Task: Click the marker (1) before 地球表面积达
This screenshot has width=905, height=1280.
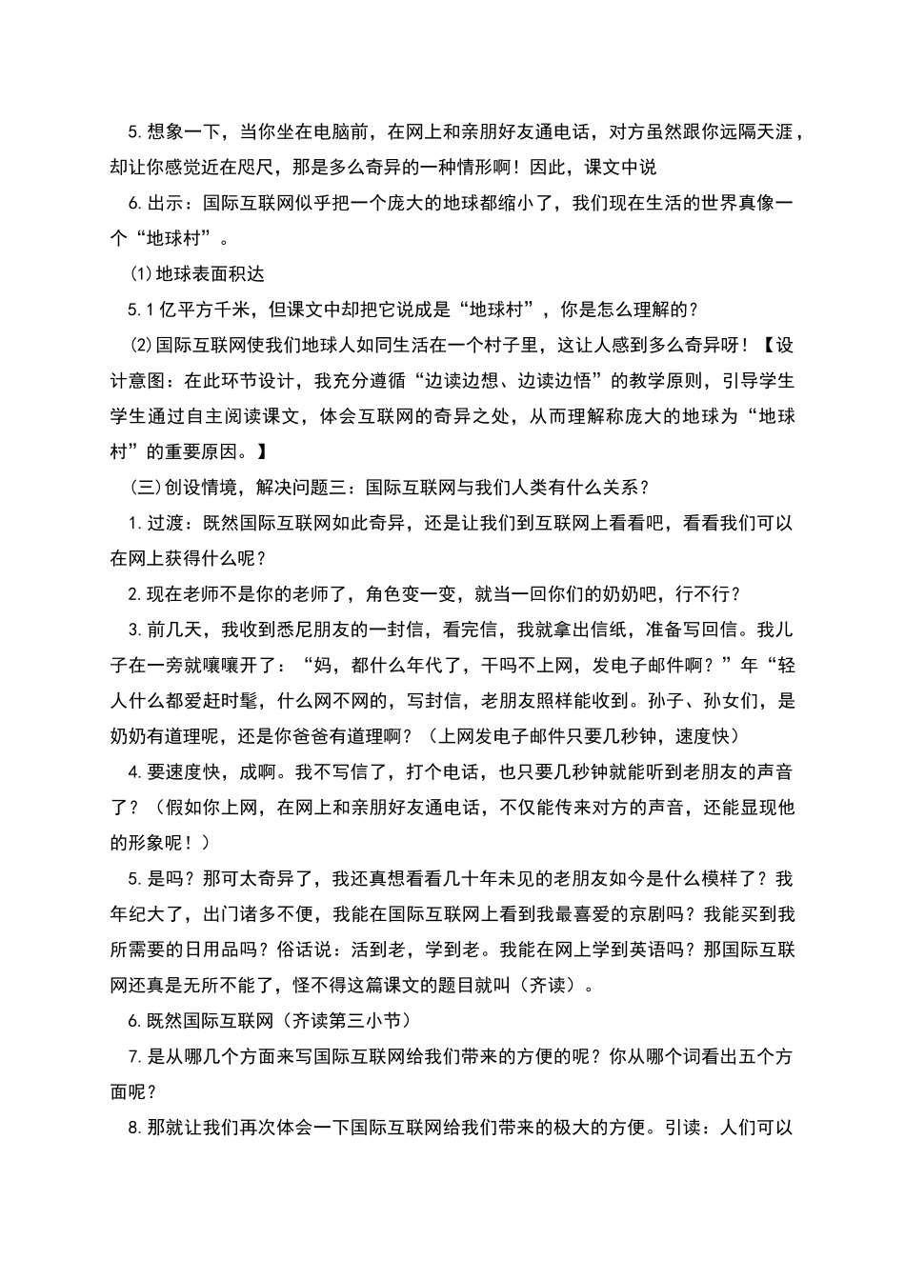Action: (140, 274)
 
